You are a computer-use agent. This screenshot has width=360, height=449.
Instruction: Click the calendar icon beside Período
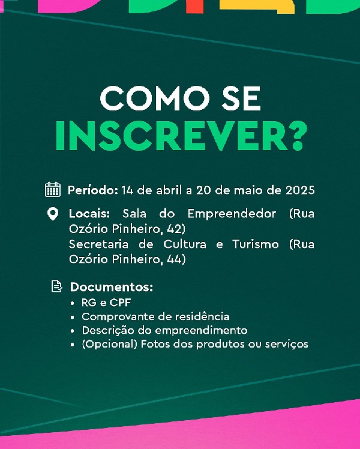point(53,190)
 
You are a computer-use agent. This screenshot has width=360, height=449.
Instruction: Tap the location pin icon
point(53,214)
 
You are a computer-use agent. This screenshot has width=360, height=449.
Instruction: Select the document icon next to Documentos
point(56,286)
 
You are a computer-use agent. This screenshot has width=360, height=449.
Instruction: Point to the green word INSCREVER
point(172,136)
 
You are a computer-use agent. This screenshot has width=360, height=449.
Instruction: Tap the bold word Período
point(93,190)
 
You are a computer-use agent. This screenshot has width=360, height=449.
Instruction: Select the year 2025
point(300,190)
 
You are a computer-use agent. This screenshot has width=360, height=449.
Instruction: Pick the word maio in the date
point(248,190)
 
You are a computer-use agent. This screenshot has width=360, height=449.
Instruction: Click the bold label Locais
point(89,214)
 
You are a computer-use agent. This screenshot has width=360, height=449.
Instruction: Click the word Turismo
point(255,244)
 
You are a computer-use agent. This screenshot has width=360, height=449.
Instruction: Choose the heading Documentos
point(112,287)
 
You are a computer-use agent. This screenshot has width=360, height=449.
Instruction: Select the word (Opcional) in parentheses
point(110,344)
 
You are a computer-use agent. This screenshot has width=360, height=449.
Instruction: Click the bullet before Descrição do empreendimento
point(73,331)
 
